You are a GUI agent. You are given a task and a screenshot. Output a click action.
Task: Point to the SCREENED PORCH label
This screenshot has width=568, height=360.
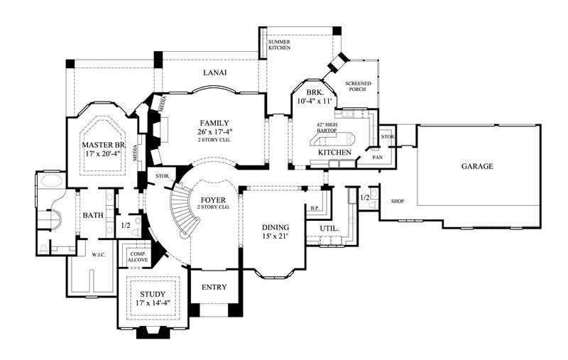click(359, 87)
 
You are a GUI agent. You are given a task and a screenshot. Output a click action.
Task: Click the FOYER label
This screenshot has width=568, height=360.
click(213, 200)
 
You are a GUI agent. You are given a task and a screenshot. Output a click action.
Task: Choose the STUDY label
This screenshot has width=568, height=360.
click(152, 294)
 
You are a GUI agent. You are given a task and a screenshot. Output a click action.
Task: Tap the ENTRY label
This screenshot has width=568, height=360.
click(214, 287)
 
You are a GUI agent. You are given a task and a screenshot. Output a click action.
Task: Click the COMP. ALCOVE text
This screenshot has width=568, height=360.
click(136, 257)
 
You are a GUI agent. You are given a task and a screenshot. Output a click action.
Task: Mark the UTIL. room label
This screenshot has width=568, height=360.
click(329, 228)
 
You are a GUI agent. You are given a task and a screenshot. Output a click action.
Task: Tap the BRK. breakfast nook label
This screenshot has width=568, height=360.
click(315, 93)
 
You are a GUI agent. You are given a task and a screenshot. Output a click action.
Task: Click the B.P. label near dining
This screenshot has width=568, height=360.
click(315, 208)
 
